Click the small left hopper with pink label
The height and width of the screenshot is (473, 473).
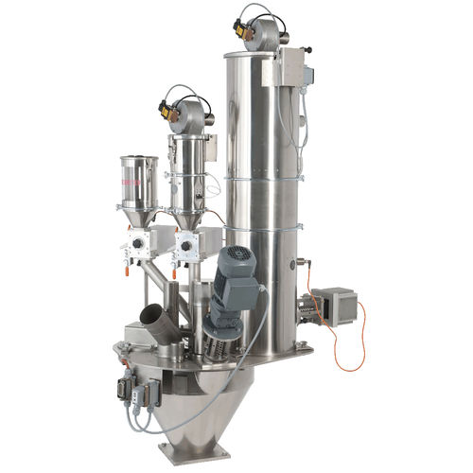(x=138, y=185)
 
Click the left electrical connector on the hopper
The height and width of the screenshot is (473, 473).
(x=124, y=391)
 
